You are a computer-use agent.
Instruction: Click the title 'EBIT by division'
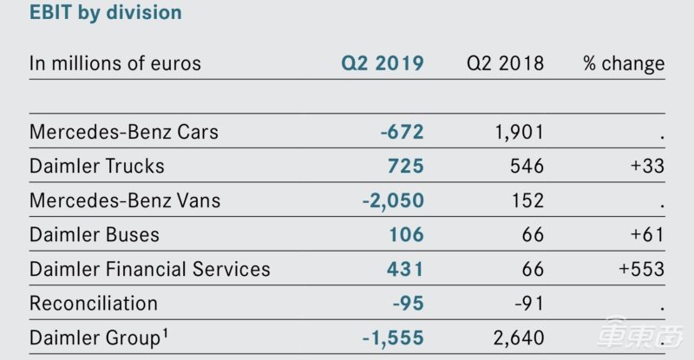(106, 13)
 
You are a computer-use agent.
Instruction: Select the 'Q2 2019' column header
(383, 63)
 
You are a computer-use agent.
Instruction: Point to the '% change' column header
(624, 63)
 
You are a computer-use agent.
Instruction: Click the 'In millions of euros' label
(115, 63)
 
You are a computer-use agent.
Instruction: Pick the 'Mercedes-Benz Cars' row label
(124, 132)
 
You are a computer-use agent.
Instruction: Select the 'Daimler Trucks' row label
(97, 166)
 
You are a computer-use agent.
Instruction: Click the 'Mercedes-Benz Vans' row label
(125, 200)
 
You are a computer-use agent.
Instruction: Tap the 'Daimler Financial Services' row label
(150, 269)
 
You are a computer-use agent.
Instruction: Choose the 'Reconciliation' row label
(94, 304)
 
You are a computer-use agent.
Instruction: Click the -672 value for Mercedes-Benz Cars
(402, 132)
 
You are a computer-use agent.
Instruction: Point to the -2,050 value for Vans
(393, 200)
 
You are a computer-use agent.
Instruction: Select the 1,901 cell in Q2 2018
(517, 132)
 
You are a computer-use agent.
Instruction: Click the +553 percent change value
(642, 269)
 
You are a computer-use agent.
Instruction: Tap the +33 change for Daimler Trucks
(647, 166)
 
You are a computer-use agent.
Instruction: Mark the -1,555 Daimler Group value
(393, 337)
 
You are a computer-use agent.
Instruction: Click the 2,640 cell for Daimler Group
(516, 337)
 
